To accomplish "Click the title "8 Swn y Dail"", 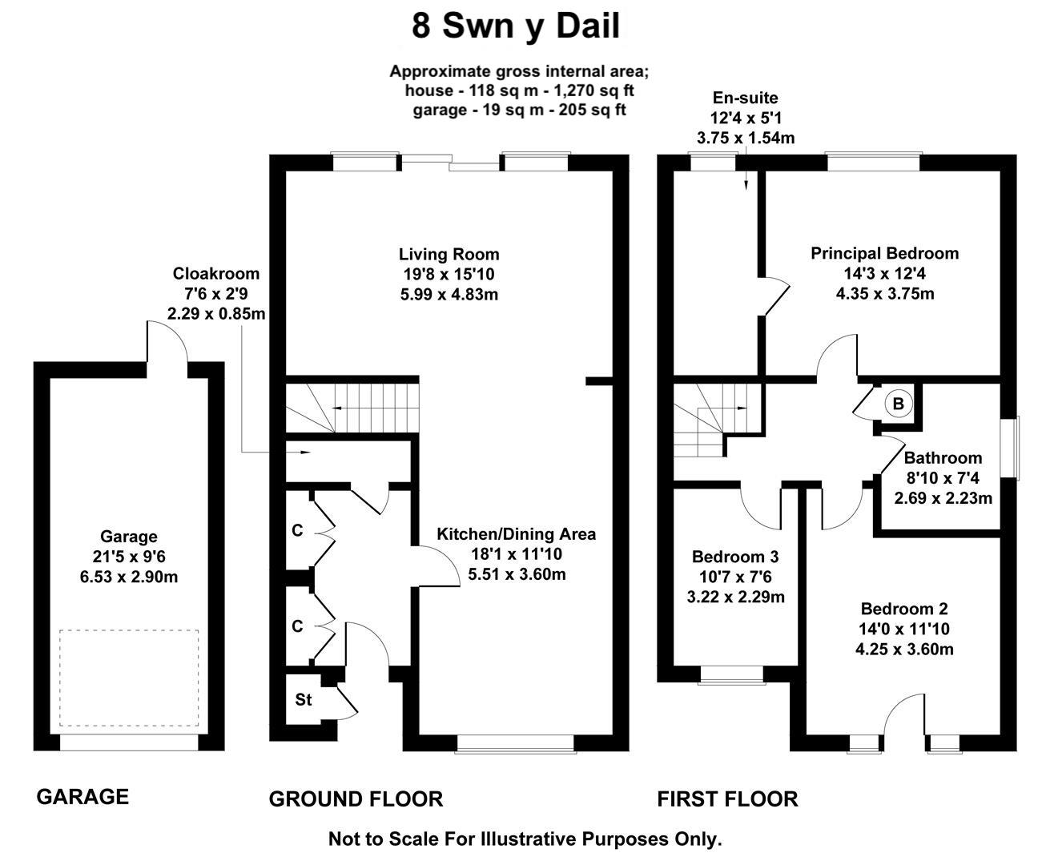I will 516,26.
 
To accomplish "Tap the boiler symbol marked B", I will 898,404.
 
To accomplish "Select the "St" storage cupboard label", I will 303,700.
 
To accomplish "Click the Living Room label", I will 449,255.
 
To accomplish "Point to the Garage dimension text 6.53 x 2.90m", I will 128,577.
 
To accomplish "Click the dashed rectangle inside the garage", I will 128,678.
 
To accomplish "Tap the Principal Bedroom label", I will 884,254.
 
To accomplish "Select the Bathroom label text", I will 943,458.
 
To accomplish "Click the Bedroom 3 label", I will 735,557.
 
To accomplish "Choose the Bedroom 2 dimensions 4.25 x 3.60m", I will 904,650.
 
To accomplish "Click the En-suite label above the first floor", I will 746,99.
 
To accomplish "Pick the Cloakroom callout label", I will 216,274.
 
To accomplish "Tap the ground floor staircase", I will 352,408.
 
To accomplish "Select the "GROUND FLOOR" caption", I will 356,799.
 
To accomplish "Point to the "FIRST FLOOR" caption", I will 727,799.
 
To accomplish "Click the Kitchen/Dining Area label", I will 516,534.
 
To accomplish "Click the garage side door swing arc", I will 167,340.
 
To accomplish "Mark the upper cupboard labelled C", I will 297,531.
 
